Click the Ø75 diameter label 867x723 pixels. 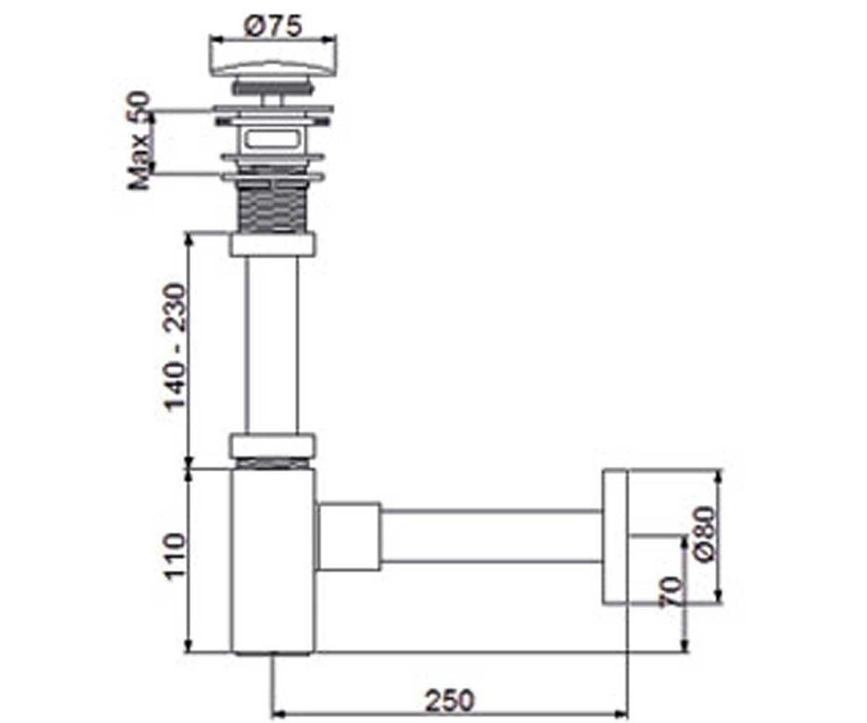point(273,26)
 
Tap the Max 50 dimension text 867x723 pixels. point(139,141)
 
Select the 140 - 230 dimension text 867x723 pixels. point(174,346)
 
